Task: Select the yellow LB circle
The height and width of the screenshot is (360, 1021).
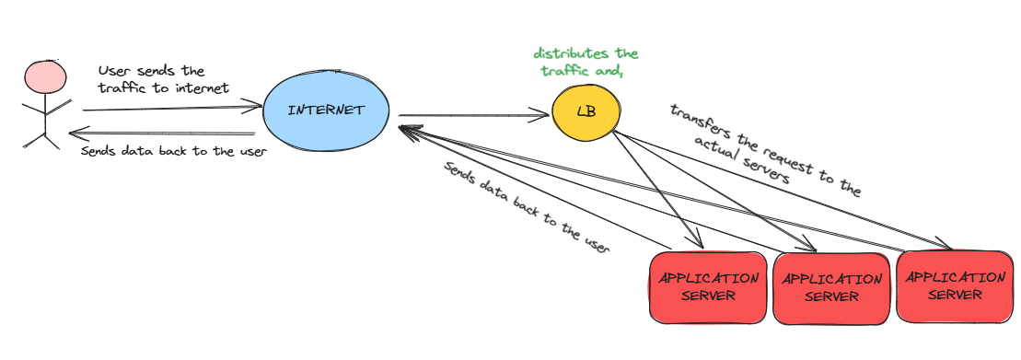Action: pos(586,112)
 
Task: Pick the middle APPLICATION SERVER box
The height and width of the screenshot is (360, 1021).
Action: pos(830,287)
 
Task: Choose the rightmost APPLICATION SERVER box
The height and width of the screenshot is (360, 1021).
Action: pos(955,285)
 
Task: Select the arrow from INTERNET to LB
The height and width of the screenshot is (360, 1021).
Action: pos(470,116)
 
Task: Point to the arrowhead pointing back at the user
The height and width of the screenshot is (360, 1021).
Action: pos(77,132)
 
